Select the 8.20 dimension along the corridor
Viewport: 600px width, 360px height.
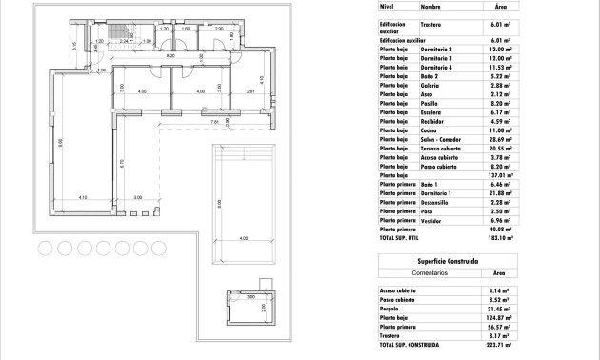click(x=171, y=56)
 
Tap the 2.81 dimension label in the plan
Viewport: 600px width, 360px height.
click(x=250, y=91)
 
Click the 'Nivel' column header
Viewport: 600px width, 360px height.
click(x=386, y=6)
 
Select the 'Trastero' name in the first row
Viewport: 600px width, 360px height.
click(x=431, y=28)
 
